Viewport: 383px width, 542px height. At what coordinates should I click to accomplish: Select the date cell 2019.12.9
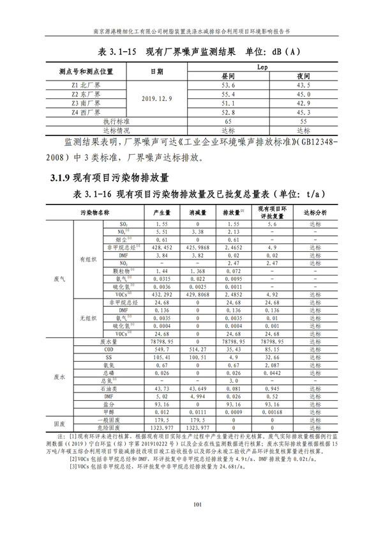(157, 98)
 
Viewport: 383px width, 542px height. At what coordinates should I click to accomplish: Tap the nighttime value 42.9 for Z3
(303, 103)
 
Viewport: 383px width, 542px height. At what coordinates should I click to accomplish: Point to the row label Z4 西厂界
(86, 112)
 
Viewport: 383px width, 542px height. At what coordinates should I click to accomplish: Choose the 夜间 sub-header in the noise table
(303, 75)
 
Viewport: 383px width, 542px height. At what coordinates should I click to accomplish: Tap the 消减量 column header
(197, 211)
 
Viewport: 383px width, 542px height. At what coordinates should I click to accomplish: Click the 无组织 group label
(86, 318)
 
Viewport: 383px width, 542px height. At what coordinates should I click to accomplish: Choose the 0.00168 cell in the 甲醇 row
(275, 412)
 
